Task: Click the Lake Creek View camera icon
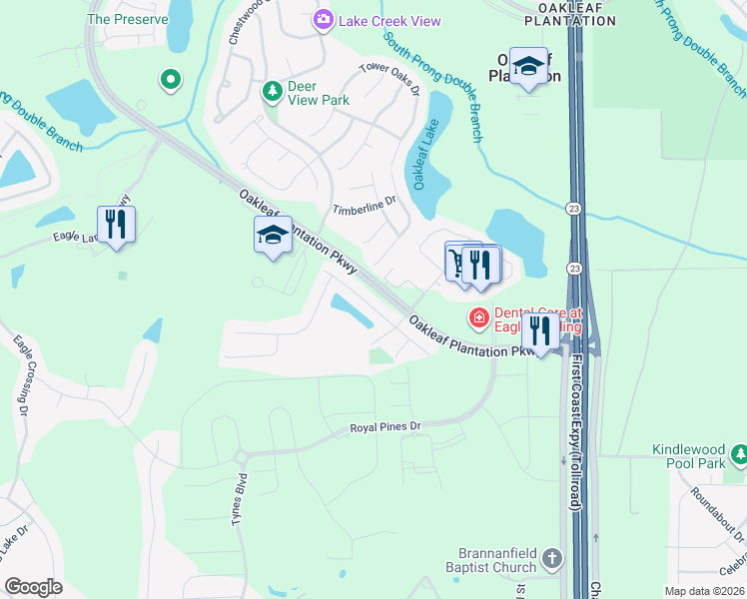tap(323, 20)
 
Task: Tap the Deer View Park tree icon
tap(272, 92)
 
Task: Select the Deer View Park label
tap(319, 93)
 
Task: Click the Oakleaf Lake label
tap(422, 164)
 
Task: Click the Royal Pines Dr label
tap(386, 427)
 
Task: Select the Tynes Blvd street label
tap(239, 499)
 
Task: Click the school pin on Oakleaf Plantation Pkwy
tap(273, 235)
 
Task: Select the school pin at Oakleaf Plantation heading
tap(529, 66)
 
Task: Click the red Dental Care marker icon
tap(479, 318)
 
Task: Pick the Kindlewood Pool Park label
tap(689, 456)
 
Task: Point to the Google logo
tap(34, 587)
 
